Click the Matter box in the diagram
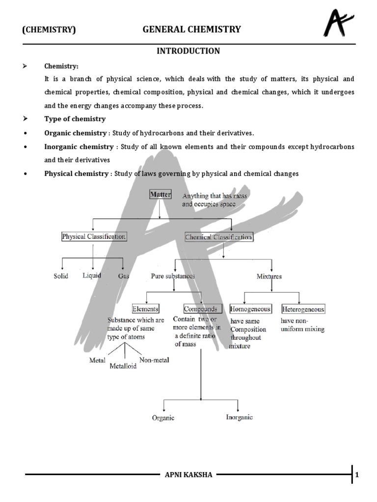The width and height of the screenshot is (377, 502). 160,195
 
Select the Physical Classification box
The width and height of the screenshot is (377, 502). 94,237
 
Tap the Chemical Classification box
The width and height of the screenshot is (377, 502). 218,237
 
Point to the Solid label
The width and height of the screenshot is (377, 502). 61,276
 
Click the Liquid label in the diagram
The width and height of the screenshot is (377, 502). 92,276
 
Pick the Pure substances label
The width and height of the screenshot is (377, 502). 173,276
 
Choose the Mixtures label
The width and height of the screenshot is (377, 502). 269,276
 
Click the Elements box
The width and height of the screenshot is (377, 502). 145,309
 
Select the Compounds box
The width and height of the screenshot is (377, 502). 200,309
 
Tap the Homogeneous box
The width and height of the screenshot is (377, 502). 250,309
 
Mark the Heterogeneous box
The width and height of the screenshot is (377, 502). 303,309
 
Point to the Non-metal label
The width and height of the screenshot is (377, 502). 155,360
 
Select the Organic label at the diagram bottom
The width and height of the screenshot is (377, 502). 162,418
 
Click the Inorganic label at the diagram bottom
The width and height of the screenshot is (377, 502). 239,417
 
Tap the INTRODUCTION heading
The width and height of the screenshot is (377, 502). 188,51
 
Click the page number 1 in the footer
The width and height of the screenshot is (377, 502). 357,475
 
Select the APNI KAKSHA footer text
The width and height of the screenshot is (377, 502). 188,475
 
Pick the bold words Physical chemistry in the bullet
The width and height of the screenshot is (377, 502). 76,174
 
